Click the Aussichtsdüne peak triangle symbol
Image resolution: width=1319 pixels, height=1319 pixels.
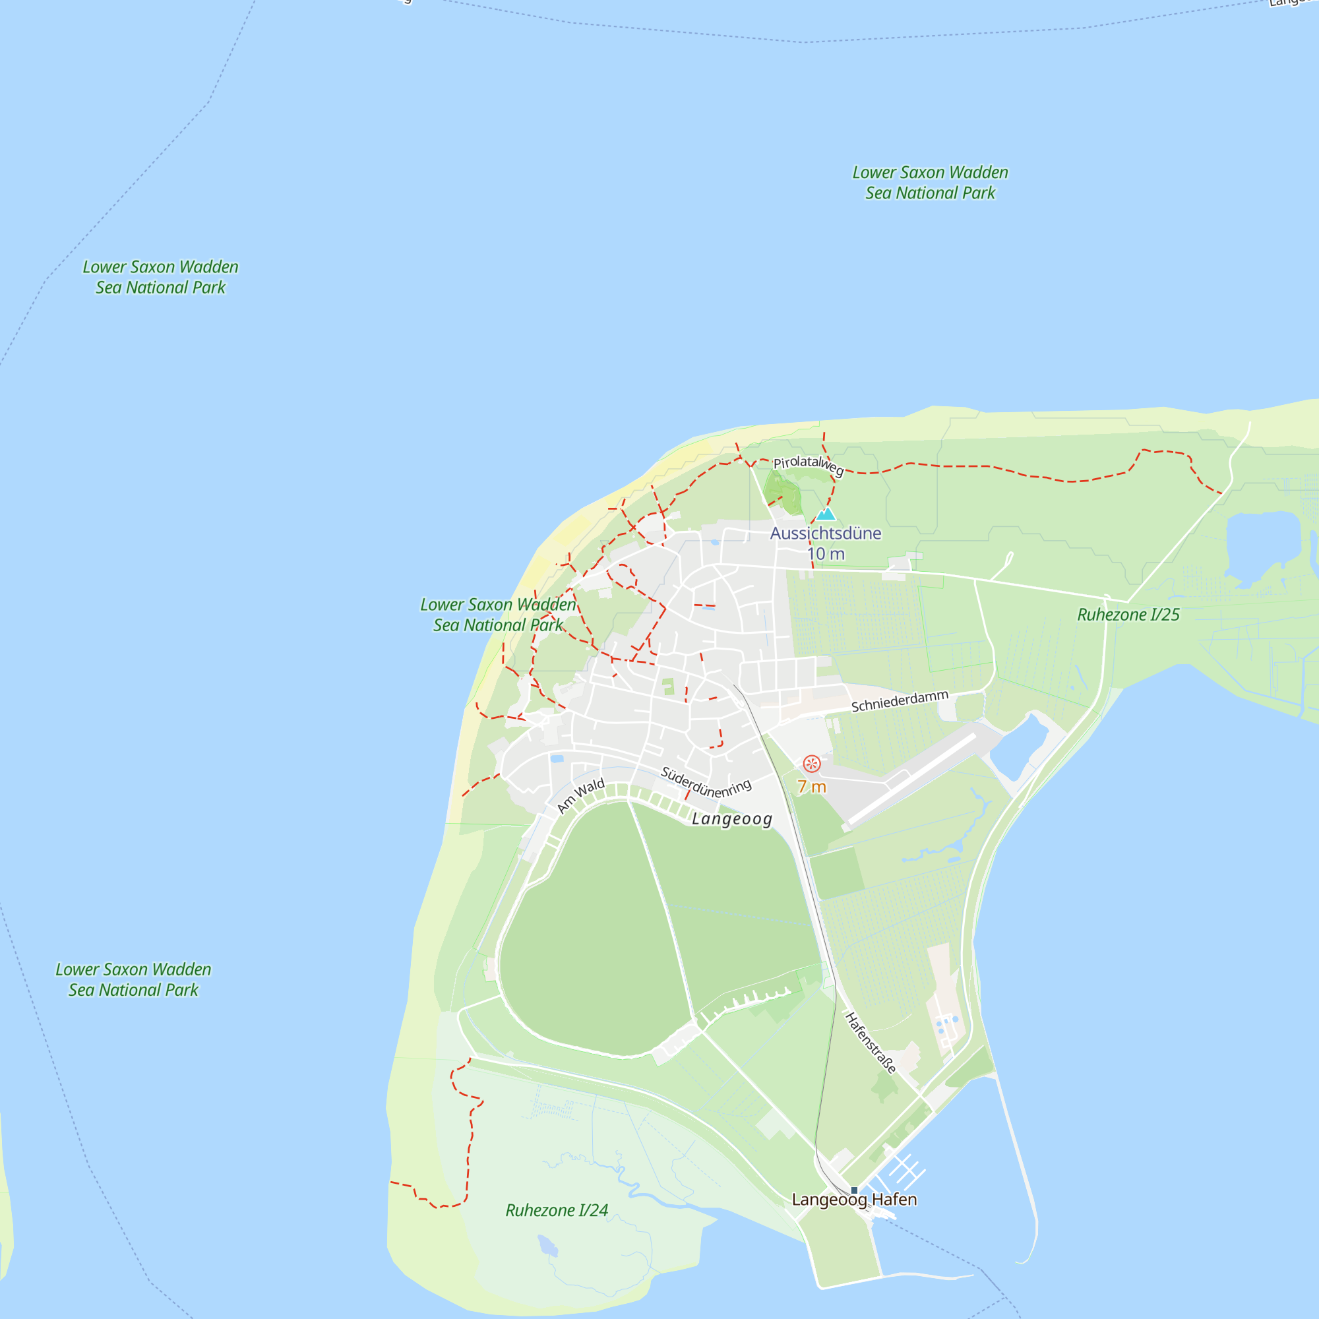(x=826, y=515)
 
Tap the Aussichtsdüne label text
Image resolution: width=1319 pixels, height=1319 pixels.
(x=826, y=533)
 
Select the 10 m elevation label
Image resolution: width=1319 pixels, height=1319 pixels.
(x=826, y=554)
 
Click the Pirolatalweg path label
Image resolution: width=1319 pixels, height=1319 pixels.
(x=809, y=465)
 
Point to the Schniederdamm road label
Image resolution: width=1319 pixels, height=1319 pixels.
(x=899, y=701)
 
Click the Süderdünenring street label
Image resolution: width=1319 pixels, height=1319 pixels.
(x=706, y=783)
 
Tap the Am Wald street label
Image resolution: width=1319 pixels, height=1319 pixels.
(x=580, y=795)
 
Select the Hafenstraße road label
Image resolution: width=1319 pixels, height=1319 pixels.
(x=871, y=1043)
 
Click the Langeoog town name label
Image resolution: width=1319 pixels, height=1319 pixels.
(x=732, y=819)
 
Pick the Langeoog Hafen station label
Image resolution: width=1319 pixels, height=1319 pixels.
(x=854, y=1200)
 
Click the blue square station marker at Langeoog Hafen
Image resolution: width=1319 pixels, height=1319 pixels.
(x=854, y=1190)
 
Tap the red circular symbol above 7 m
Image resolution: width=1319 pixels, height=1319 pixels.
(x=811, y=763)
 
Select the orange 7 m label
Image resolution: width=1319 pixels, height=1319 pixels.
(x=812, y=787)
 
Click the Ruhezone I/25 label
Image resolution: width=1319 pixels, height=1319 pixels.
(x=1128, y=615)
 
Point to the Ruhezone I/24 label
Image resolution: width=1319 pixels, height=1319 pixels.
(x=557, y=1210)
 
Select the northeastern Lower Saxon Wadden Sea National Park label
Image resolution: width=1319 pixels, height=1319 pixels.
(x=930, y=183)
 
